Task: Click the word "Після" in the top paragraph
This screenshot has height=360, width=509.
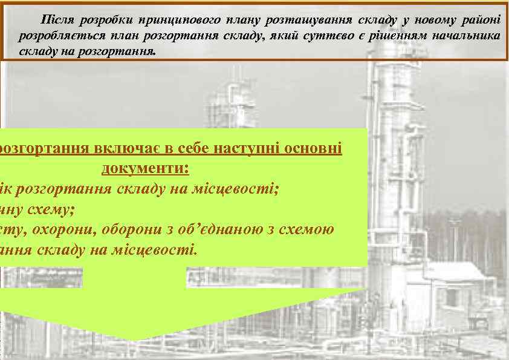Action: [56, 21]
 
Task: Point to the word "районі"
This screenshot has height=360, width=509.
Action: [481, 21]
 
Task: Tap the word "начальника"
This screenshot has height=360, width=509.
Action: [467, 36]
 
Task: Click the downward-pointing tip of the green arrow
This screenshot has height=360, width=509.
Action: [138, 339]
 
